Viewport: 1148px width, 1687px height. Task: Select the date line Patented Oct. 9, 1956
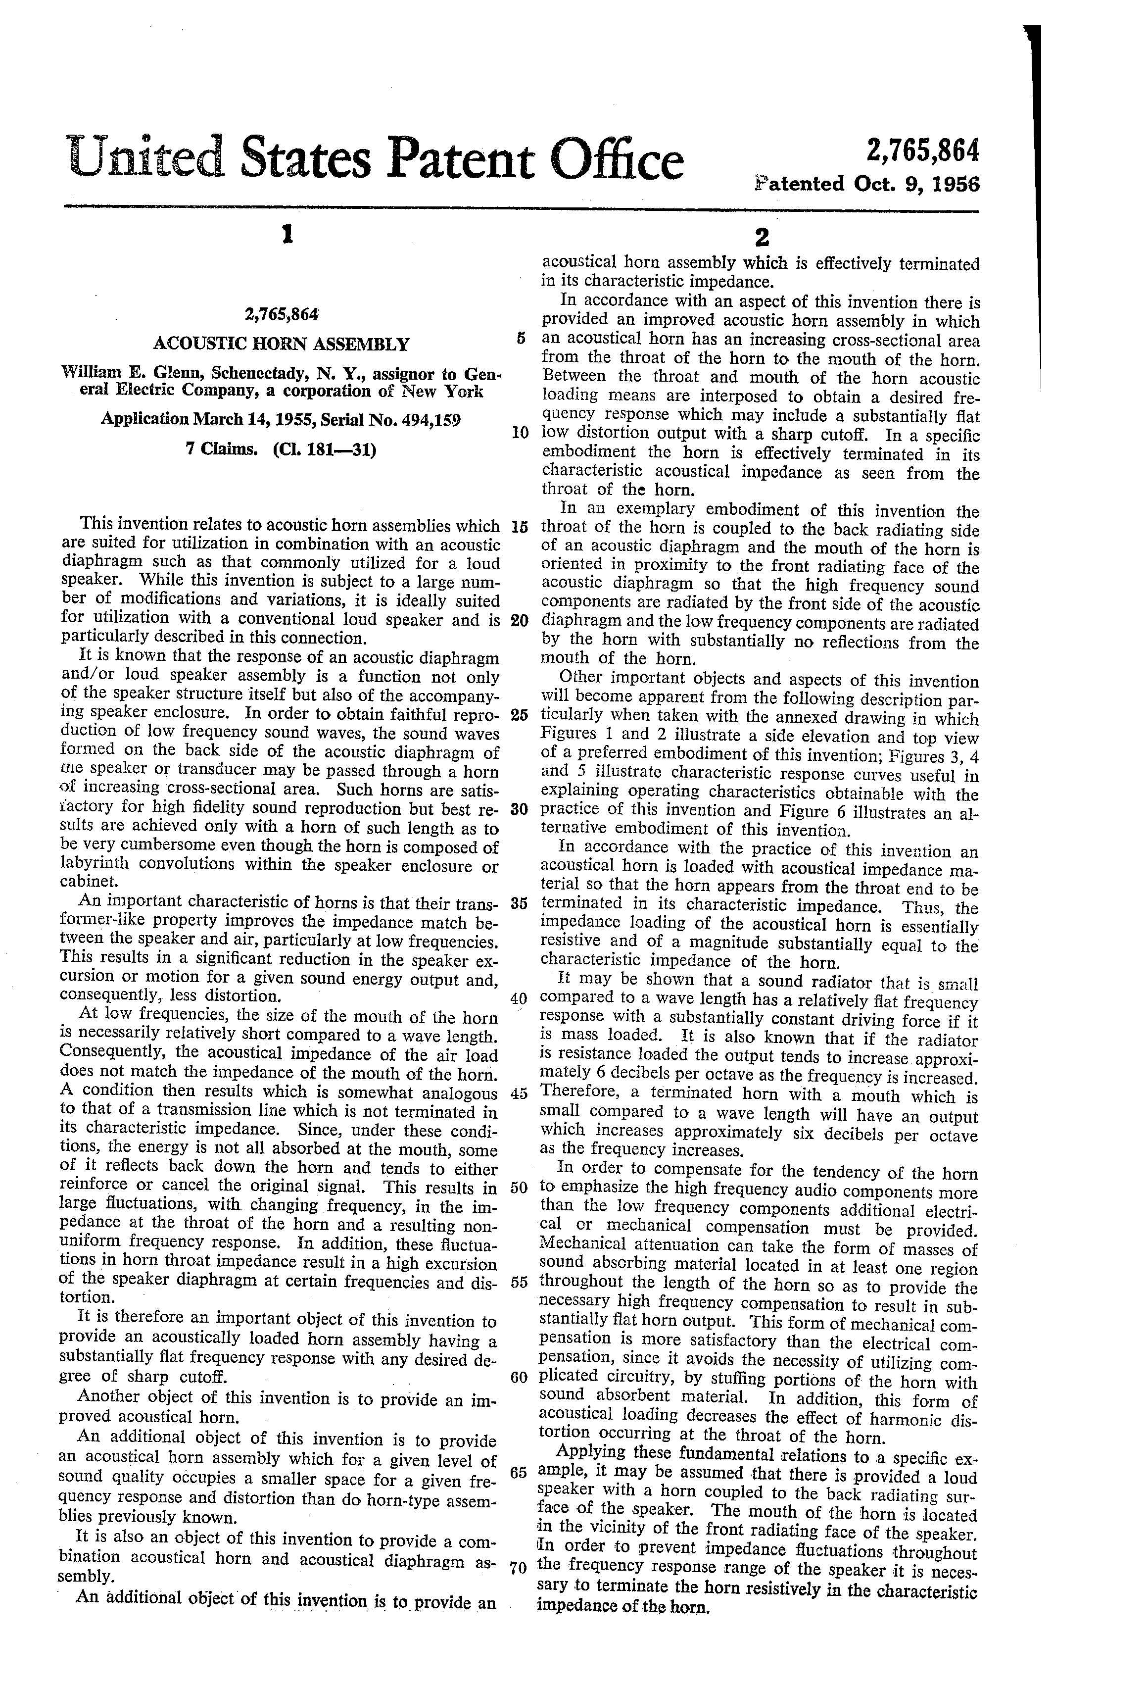pos(866,184)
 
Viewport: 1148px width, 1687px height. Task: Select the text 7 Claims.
pos(223,449)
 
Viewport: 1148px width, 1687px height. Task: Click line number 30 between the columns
pos(518,809)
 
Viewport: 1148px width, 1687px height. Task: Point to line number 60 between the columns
pos(518,1377)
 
